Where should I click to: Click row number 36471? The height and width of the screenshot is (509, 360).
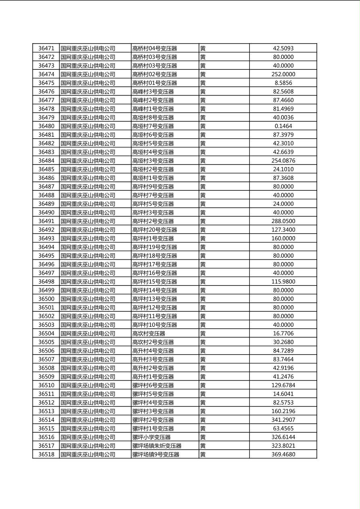click(x=46, y=48)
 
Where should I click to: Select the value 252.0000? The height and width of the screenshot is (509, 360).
click(x=283, y=74)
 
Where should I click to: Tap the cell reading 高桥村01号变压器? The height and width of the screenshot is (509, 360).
click(x=155, y=83)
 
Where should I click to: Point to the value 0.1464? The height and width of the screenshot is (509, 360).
click(x=283, y=126)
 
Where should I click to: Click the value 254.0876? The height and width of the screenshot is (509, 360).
click(x=283, y=161)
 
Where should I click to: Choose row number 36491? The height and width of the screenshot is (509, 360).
click(x=46, y=221)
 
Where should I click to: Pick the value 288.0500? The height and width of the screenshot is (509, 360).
click(x=283, y=221)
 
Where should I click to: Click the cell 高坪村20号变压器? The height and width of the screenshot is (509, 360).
click(x=155, y=230)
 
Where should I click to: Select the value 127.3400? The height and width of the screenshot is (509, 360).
click(x=283, y=230)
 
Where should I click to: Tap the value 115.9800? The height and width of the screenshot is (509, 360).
click(x=283, y=282)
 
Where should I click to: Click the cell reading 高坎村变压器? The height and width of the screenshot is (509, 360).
click(x=149, y=334)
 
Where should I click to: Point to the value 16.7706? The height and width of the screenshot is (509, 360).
click(x=283, y=334)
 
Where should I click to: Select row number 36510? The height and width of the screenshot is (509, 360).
click(x=46, y=386)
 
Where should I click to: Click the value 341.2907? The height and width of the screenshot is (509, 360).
click(x=283, y=420)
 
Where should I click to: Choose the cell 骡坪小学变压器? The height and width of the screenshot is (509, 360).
click(x=151, y=437)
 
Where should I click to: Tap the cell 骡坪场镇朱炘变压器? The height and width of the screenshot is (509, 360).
click(x=157, y=446)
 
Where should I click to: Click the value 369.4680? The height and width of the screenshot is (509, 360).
click(x=283, y=455)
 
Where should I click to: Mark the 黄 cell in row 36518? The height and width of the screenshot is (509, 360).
click(x=203, y=455)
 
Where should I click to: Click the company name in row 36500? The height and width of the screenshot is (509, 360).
click(x=88, y=299)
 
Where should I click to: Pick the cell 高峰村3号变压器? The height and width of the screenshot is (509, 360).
click(x=153, y=92)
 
